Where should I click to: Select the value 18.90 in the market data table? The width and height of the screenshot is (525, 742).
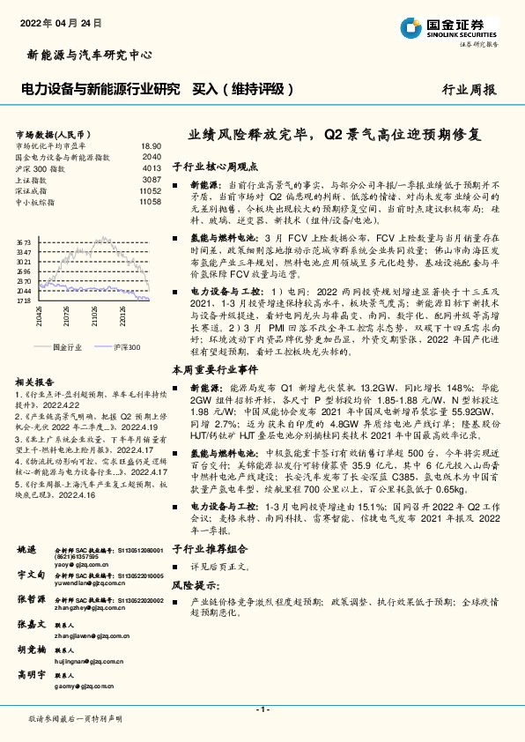tap(151, 145)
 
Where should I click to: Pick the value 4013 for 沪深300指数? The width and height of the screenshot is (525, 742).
tap(151, 167)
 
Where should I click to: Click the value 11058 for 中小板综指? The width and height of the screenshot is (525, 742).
tap(149, 202)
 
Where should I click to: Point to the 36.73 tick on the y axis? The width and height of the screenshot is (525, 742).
tap(24, 241)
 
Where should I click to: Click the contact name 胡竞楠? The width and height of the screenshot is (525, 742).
tap(33, 649)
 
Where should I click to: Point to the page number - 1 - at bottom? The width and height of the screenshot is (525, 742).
tap(262, 709)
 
